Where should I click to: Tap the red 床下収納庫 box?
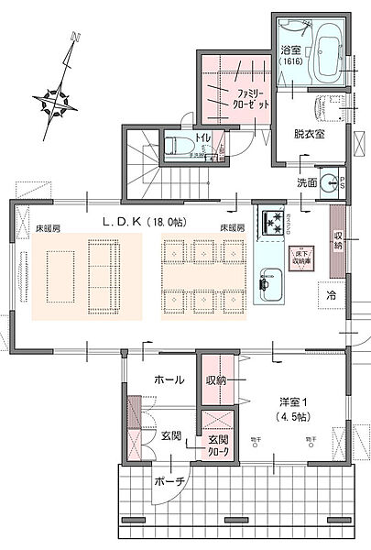tap(300, 257)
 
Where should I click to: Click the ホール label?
tap(169, 379)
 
